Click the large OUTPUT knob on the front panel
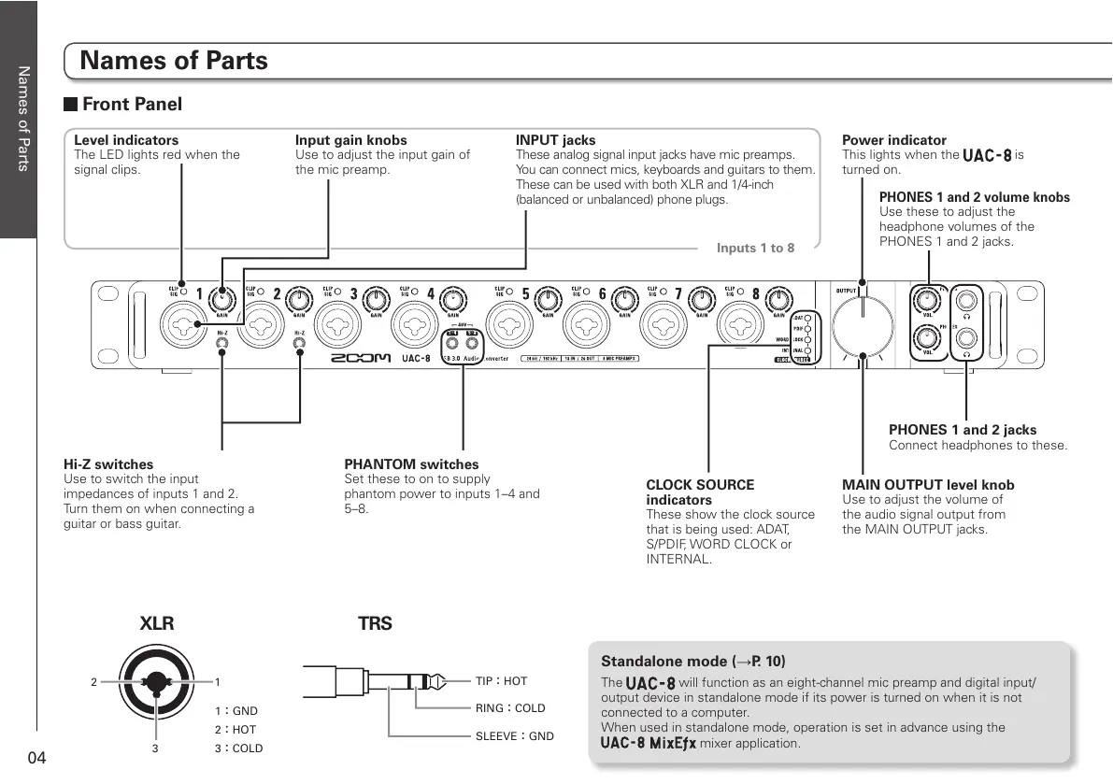tap(863, 328)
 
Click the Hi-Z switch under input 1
tap(222, 345)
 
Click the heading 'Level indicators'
tap(126, 140)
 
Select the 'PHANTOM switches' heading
tap(411, 464)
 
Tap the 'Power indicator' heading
tap(894, 140)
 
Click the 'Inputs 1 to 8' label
tap(755, 248)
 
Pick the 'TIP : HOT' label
tap(501, 681)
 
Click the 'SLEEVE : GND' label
tap(514, 736)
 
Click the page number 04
tap(36, 757)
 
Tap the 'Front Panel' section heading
tap(131, 104)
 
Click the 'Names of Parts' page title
tap(174, 61)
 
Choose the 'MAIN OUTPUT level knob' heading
tap(928, 485)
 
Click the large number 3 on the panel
tap(354, 294)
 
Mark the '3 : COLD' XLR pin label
tap(238, 748)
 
